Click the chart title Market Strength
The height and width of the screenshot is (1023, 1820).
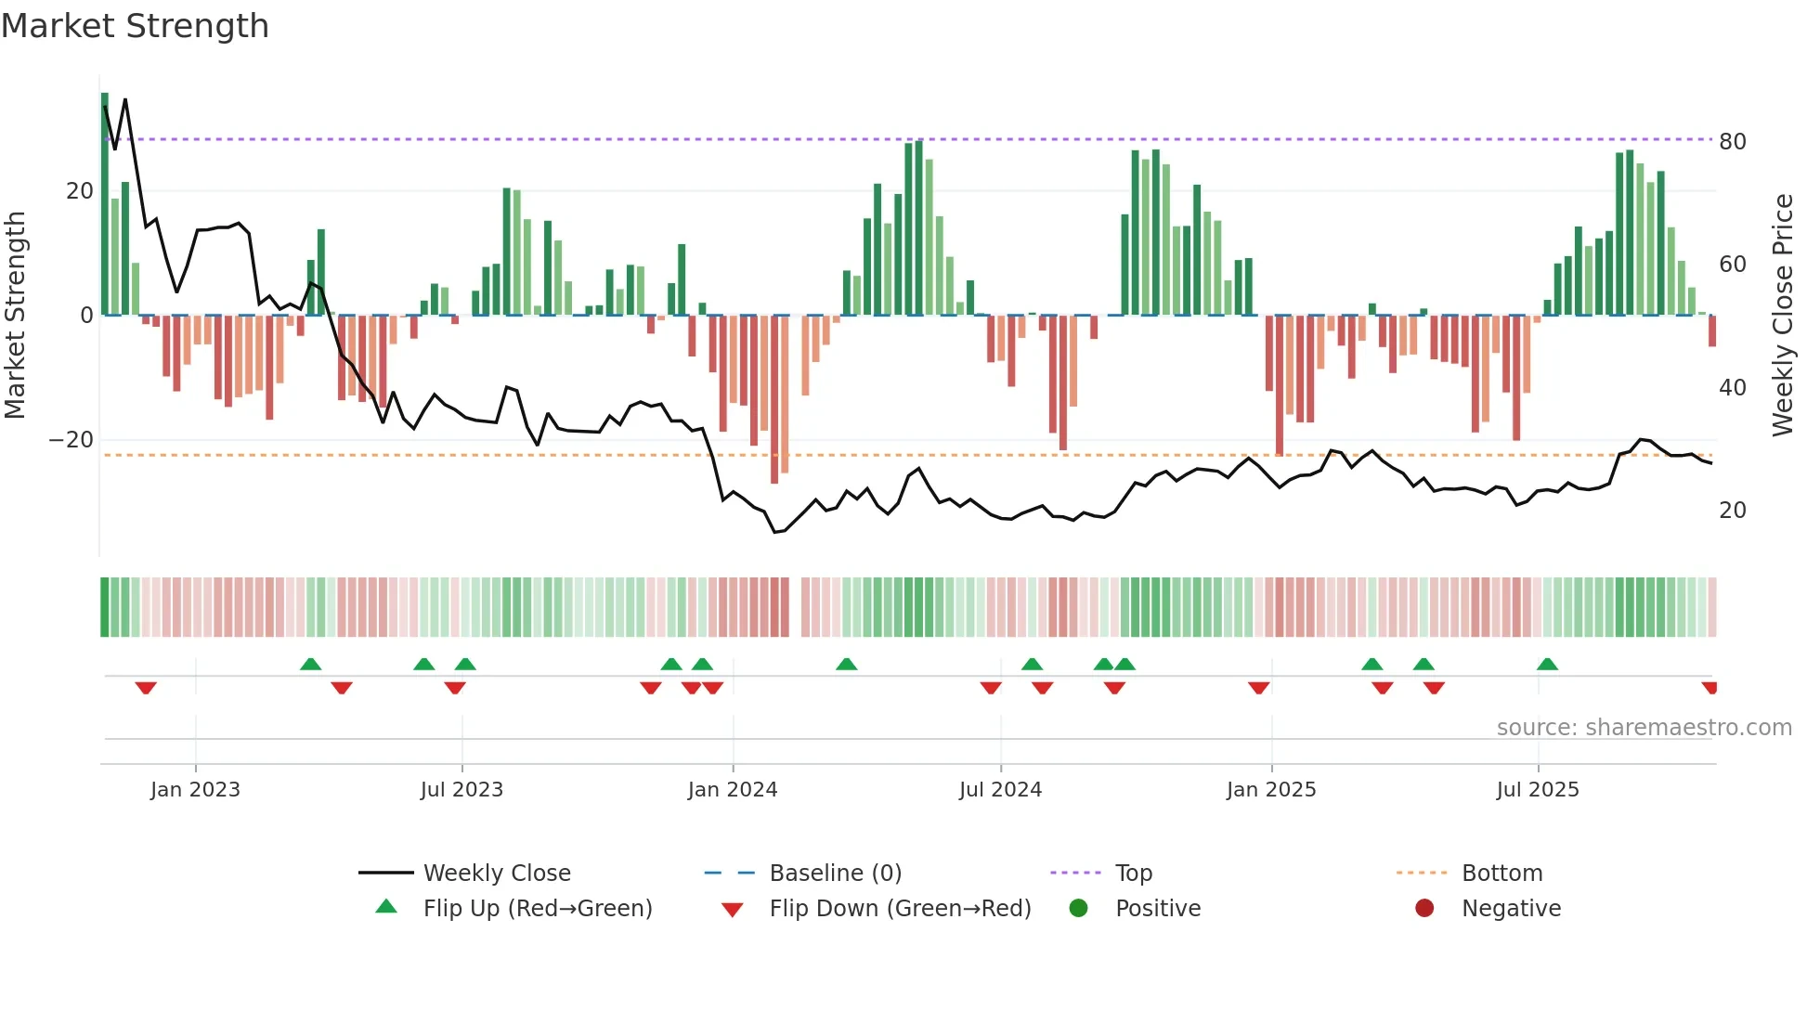[135, 26]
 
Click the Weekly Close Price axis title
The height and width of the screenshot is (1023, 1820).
[1782, 315]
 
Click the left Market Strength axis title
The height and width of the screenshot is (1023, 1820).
[15, 315]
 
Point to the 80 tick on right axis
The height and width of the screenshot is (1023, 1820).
[1732, 142]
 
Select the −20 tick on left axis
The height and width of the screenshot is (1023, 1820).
[71, 440]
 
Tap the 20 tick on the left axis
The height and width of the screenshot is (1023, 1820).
[79, 191]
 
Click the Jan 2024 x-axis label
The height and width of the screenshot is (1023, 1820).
[732, 790]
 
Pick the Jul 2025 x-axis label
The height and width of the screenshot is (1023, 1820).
[1537, 790]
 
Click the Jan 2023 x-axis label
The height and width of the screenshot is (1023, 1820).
[195, 790]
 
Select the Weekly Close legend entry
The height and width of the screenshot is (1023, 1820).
[496, 874]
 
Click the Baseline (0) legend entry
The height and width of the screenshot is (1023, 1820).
[835, 874]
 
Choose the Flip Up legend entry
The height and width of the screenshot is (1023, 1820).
[537, 909]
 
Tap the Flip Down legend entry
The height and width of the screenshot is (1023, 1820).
[899, 909]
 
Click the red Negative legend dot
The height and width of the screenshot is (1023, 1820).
[1423, 908]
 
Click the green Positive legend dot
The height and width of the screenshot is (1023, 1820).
[1078, 908]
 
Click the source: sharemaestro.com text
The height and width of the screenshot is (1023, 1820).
[1644, 728]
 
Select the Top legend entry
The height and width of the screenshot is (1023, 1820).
[1133, 874]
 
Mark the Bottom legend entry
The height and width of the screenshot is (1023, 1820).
[1501, 874]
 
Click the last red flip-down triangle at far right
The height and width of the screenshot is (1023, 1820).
[1709, 688]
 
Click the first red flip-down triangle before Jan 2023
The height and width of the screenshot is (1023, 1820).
[146, 688]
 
